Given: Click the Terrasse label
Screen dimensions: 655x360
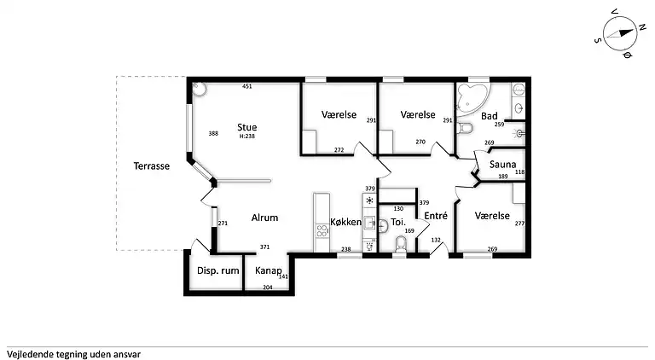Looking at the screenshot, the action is pos(152,166).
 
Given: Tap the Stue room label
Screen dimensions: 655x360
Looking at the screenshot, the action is pos(246,127).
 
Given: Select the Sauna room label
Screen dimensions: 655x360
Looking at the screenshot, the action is pos(502,165).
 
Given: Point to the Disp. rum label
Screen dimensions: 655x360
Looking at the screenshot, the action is pos(218,271).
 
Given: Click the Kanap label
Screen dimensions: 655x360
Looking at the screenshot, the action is pos(268,271).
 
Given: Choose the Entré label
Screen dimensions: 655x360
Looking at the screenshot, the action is pos(436,216).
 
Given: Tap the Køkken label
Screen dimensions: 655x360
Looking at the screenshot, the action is pos(346,222).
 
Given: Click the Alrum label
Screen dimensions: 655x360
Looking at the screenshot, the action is pos(264,218).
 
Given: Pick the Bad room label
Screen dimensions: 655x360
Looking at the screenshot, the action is pos(490,116).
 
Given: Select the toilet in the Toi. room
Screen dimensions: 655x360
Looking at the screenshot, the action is pos(400,244).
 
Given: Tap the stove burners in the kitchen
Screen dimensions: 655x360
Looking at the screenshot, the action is pos(322,230).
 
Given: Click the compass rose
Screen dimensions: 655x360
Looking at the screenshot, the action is pos(620,33).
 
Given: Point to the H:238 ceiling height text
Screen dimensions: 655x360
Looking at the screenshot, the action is pos(246,136).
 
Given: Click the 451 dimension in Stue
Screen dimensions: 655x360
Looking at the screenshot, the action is pos(246,86).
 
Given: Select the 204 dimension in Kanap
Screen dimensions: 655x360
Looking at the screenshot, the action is pos(267,287).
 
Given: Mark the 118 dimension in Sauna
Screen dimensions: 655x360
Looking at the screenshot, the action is pos(519,172).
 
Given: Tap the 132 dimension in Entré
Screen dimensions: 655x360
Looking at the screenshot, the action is pos(436,240).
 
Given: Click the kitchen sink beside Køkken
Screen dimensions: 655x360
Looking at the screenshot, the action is pos(369,223).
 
